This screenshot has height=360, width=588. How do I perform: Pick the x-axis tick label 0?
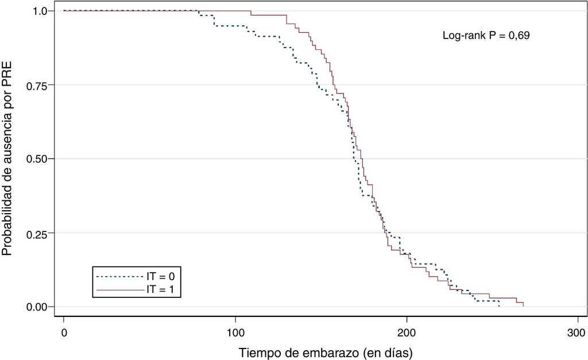click(x=64, y=332)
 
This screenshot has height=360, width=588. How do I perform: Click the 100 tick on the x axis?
click(x=235, y=332)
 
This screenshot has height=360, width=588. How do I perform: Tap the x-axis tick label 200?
click(x=407, y=332)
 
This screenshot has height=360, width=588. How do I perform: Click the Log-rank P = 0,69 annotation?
click(x=486, y=36)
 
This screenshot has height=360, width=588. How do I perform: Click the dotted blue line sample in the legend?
click(x=119, y=276)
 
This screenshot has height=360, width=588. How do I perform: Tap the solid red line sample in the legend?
click(x=119, y=291)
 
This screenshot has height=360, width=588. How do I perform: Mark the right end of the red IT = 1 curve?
click(x=523, y=306)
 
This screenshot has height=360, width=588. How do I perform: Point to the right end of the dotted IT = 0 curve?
click(x=499, y=306)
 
